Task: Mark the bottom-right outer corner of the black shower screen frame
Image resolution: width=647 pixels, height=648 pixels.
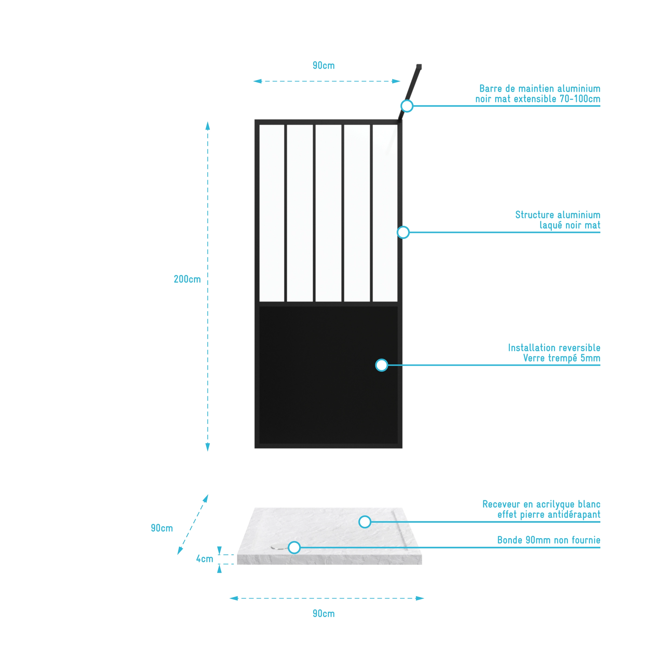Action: click(x=402, y=448)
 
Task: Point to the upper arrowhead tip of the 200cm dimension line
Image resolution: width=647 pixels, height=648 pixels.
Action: click(x=207, y=122)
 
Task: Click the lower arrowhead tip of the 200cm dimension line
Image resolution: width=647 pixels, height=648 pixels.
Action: click(x=207, y=451)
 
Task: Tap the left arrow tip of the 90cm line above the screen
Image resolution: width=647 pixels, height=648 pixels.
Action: click(x=253, y=81)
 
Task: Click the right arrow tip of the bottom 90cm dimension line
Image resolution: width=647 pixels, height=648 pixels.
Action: click(x=424, y=598)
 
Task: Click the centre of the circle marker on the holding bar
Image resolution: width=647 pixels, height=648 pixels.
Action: click(x=407, y=106)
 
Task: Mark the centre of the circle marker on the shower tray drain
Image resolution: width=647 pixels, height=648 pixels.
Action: click(x=294, y=547)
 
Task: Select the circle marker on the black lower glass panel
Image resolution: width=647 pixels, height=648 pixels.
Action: click(x=382, y=365)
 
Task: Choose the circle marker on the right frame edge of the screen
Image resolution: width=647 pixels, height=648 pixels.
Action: click(x=403, y=232)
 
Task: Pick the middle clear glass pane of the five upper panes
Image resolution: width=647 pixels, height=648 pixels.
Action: click(x=328, y=213)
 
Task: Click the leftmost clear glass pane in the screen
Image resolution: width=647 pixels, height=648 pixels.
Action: click(x=272, y=213)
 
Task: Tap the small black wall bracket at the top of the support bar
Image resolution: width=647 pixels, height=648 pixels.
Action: click(x=419, y=67)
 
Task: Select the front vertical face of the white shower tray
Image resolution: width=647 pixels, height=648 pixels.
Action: click(x=330, y=559)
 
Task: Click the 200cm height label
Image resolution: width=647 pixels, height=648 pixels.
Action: click(x=187, y=279)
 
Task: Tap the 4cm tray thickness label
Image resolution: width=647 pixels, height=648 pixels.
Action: click(x=204, y=559)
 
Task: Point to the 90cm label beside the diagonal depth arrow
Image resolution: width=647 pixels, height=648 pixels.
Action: click(x=162, y=528)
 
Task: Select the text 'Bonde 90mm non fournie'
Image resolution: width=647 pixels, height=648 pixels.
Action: click(x=549, y=540)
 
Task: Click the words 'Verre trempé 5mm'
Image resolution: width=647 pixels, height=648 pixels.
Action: click(x=562, y=358)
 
